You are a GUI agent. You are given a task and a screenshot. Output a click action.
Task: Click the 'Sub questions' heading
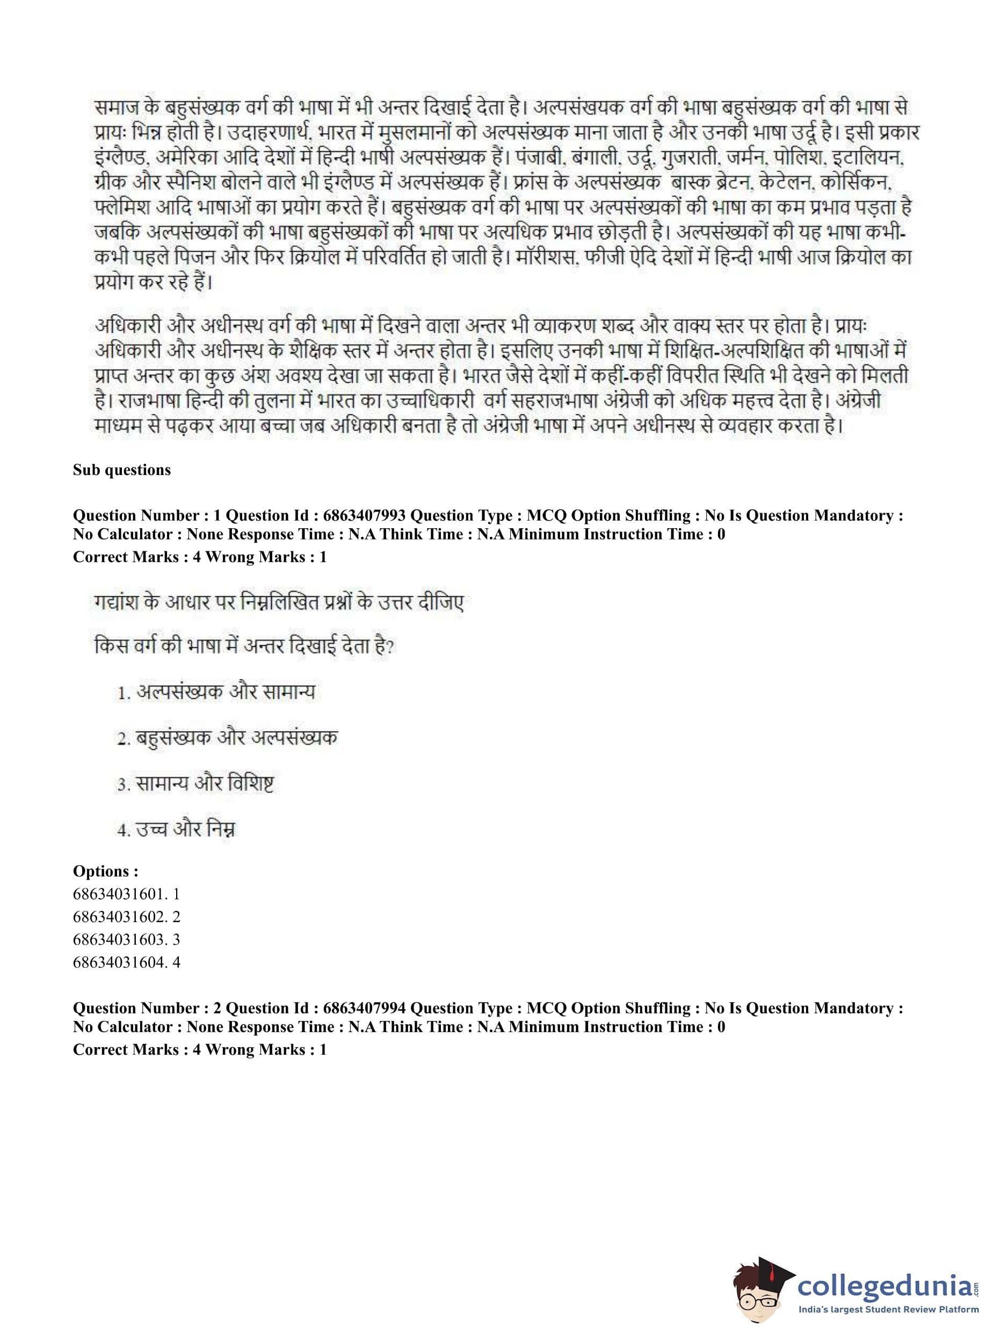pos(122,470)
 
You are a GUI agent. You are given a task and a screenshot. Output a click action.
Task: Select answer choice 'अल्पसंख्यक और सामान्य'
pos(225,692)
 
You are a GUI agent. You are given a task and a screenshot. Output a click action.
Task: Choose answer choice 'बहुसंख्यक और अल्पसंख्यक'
pos(236,738)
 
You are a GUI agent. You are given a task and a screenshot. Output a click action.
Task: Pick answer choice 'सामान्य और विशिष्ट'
pos(205,784)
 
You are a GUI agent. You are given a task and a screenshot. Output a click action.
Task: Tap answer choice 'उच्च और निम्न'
pos(186,829)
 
